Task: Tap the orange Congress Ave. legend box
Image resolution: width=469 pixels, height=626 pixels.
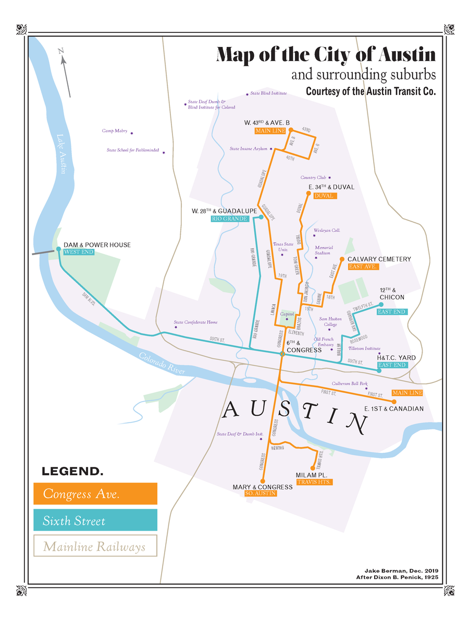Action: click(95, 493)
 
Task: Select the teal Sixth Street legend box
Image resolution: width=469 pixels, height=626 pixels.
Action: click(95, 521)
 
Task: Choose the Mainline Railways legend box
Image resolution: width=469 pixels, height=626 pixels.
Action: click(95, 547)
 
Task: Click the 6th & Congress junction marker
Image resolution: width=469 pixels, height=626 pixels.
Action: click(282, 354)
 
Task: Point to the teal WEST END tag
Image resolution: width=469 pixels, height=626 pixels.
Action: click(79, 252)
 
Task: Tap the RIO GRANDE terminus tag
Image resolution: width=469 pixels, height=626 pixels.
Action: click(229, 219)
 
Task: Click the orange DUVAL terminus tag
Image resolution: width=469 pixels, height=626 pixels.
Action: click(325, 196)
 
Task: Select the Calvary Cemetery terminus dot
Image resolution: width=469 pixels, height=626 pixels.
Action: click(342, 259)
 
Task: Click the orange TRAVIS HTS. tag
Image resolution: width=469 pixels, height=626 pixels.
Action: click(314, 483)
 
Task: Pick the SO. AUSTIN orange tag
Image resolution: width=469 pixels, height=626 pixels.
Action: click(260, 493)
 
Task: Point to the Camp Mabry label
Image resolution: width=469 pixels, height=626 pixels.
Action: click(115, 131)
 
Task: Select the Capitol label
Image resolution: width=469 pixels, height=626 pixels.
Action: click(287, 315)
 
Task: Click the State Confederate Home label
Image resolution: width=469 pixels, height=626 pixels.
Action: click(195, 322)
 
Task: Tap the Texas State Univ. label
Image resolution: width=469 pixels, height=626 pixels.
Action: click(283, 247)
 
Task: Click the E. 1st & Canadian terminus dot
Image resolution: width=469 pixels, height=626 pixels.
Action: click(394, 402)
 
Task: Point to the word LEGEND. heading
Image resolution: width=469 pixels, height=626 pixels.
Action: click(72, 472)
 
